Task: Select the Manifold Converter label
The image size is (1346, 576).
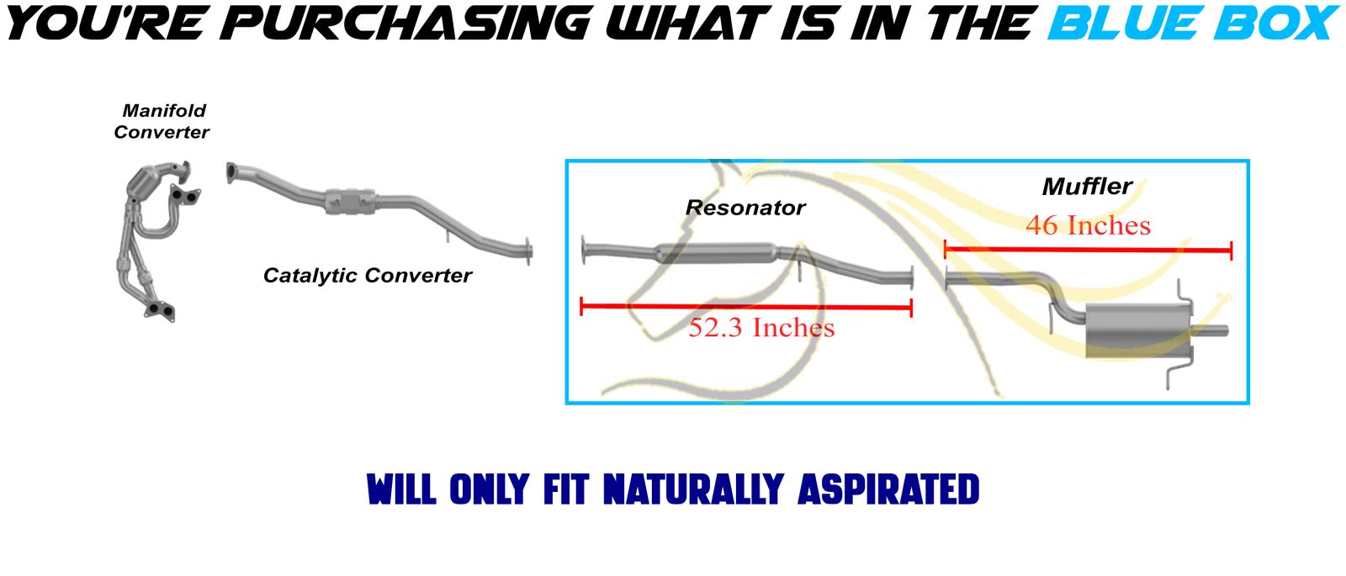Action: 162,121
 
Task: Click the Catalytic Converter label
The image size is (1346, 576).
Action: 367,276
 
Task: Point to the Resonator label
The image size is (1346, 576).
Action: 745,208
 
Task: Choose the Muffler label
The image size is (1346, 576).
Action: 1088,186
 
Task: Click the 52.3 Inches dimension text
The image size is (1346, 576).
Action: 761,328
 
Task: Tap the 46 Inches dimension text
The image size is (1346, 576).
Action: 1089,226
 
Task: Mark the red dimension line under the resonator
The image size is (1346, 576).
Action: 746,308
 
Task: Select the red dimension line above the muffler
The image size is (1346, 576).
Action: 1089,250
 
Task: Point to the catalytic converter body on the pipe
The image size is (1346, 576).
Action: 350,202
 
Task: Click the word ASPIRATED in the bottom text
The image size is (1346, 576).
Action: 888,489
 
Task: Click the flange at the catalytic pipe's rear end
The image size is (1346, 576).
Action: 528,251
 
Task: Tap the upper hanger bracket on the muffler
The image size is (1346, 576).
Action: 1184,294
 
